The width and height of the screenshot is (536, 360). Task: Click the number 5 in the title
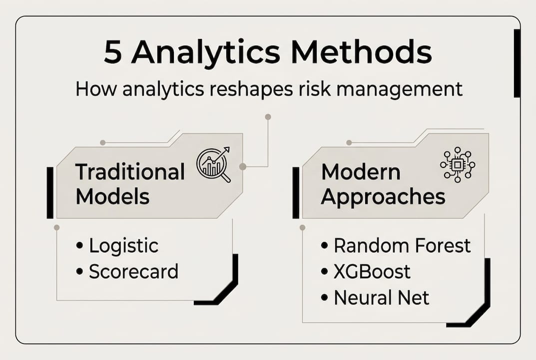click(113, 52)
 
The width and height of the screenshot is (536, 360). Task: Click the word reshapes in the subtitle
click(251, 89)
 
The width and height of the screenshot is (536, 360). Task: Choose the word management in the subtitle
click(399, 90)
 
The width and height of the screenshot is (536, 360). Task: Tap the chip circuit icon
click(458, 164)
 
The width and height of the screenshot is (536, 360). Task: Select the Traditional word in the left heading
click(130, 172)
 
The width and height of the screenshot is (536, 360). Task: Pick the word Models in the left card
click(112, 197)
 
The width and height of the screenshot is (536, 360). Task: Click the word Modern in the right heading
click(361, 172)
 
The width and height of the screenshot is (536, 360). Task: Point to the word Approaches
click(383, 197)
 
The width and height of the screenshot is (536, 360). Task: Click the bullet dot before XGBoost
click(324, 271)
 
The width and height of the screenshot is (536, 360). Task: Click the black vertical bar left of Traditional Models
click(50, 192)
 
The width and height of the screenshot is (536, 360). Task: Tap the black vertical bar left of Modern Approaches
click(296, 192)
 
